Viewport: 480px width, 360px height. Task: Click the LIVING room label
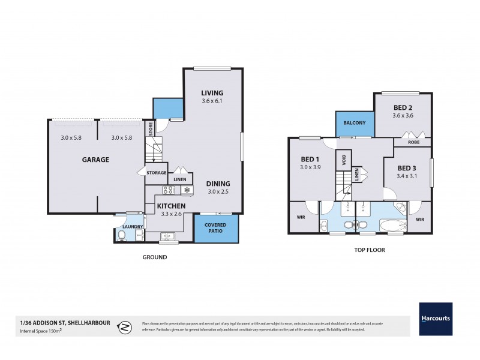click(212, 93)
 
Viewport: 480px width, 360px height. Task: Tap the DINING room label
click(218, 184)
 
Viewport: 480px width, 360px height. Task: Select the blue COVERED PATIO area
click(216, 229)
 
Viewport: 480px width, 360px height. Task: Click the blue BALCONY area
click(355, 123)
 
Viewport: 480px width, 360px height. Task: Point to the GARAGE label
click(95, 160)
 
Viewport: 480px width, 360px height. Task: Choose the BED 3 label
click(406, 167)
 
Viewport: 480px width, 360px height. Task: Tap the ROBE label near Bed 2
click(413, 143)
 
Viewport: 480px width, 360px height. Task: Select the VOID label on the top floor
click(344, 160)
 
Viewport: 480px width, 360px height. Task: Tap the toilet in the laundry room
click(122, 235)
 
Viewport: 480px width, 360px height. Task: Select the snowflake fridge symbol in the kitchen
click(187, 191)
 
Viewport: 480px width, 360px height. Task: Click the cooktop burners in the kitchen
click(169, 191)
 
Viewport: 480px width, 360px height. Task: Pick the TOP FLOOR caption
click(368, 250)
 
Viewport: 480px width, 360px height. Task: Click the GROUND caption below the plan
click(155, 257)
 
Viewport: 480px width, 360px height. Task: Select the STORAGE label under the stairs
click(155, 173)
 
